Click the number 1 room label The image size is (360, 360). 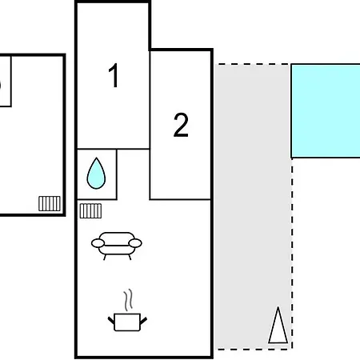point(114,75)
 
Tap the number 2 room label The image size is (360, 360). point(181,125)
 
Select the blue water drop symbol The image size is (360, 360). point(96,174)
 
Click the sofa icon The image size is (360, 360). point(117,246)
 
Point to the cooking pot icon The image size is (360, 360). point(127,322)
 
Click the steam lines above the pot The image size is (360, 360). point(128,300)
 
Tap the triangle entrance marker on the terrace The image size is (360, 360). point(278,326)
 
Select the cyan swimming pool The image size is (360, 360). point(326,110)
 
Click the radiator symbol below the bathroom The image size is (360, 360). point(90,210)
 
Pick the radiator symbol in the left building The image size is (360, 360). point(50,203)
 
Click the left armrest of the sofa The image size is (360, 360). point(98,243)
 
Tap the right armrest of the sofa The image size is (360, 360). point(135,243)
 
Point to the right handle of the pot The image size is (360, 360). point(143,321)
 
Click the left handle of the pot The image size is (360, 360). point(111,321)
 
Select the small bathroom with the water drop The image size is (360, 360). point(97,174)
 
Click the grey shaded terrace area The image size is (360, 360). point(252,206)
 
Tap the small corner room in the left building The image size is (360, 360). point(5,82)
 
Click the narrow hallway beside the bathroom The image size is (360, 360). point(133,174)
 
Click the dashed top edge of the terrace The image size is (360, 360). point(254,64)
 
